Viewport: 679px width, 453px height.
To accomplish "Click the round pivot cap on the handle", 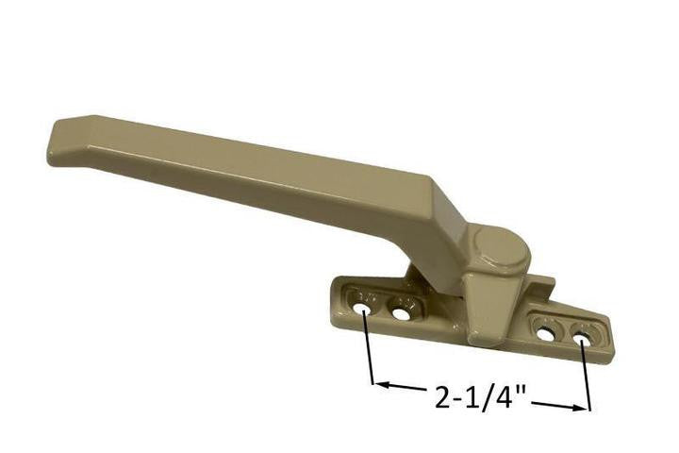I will click(497, 246).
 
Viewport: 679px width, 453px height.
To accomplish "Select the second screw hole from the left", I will click(402, 312).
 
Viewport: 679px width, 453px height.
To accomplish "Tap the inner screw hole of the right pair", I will click(546, 333).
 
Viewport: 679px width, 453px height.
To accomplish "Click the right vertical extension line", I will click(585, 373).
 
